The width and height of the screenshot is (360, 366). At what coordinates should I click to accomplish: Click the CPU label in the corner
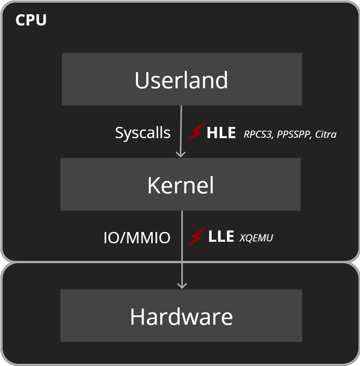pyautogui.click(x=31, y=20)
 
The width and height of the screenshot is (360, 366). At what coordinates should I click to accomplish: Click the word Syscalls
pyautogui.click(x=143, y=133)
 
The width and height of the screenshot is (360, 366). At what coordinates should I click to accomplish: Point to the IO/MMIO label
pyautogui.click(x=137, y=238)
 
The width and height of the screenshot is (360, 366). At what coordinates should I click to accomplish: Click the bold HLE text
pyautogui.click(x=221, y=133)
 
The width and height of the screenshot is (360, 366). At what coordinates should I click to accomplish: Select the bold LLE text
pyautogui.click(x=221, y=236)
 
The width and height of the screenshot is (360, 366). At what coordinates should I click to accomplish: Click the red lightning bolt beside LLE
pyautogui.click(x=196, y=236)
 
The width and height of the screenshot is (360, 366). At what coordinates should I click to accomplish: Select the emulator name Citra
pyautogui.click(x=325, y=134)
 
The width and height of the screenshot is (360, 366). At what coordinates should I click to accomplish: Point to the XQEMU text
pyautogui.click(x=256, y=238)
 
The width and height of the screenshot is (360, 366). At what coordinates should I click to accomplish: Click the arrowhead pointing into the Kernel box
pyautogui.click(x=181, y=154)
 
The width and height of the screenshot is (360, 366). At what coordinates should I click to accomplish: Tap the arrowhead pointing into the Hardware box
pyautogui.click(x=182, y=285)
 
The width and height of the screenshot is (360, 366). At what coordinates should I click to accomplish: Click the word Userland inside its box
pyautogui.click(x=181, y=80)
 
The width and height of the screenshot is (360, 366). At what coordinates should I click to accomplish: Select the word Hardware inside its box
pyautogui.click(x=181, y=316)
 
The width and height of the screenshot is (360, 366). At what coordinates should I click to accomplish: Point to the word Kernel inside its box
pyautogui.click(x=181, y=185)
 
